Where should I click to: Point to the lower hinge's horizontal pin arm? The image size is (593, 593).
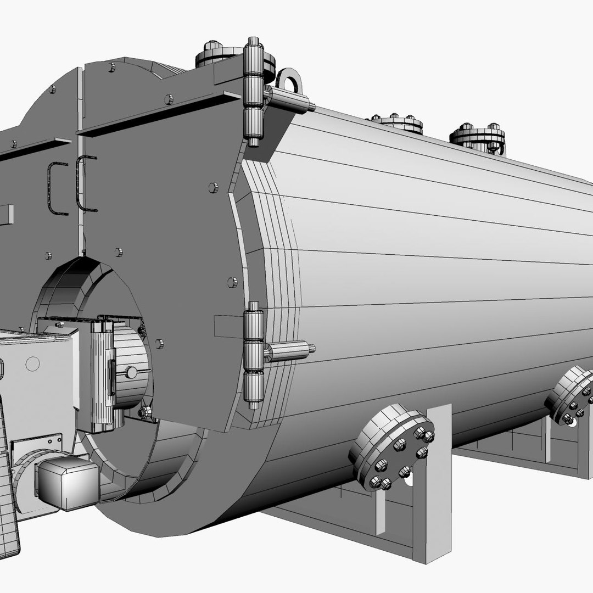click(289, 351)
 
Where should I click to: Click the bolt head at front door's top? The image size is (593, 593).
click(112, 67)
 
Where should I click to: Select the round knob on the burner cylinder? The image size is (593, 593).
click(131, 372)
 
